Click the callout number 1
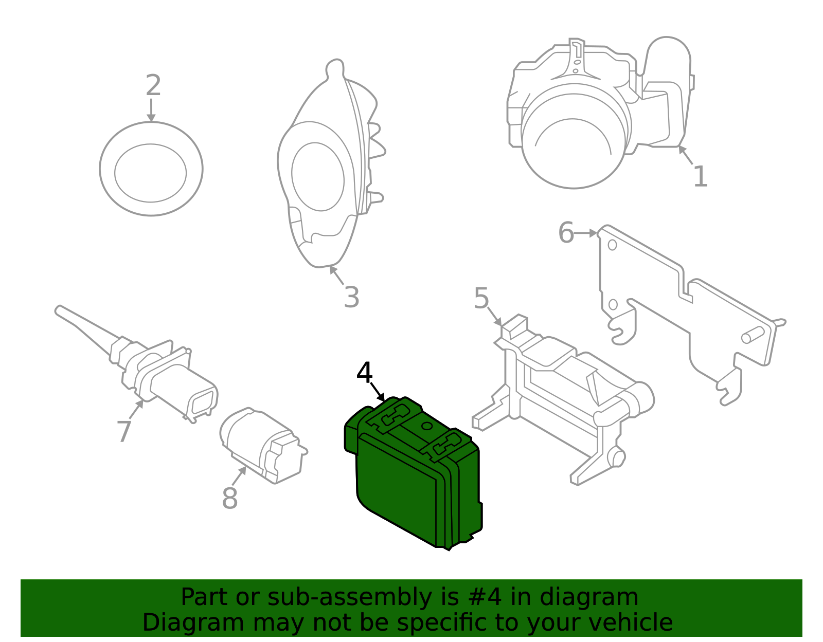point(700,177)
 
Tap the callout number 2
point(153,86)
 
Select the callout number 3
point(351,298)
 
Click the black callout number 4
point(364,374)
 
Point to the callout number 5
point(481,299)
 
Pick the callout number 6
point(566,233)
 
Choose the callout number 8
point(229,498)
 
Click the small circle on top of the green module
point(426,426)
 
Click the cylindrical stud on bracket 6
point(753,335)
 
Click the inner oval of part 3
point(317,176)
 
